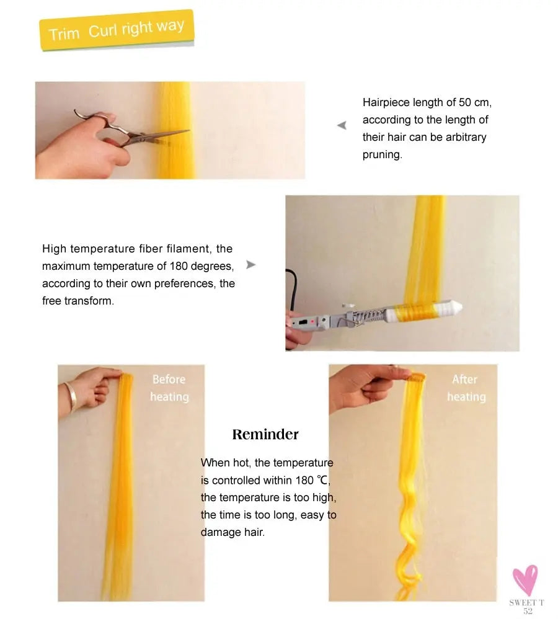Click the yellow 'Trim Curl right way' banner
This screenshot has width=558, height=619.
coord(117,30)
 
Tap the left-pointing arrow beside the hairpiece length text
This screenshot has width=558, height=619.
coord(342,125)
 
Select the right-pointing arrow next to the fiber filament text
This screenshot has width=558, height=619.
coord(250,265)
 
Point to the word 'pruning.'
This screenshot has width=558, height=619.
coord(382,154)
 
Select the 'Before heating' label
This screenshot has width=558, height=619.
coord(169,388)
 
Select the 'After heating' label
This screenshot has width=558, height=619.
coord(466,388)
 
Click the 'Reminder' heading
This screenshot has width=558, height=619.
coord(265,434)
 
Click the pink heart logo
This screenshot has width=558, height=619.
coord(525,580)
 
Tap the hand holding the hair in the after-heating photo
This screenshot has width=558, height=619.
coord(360,385)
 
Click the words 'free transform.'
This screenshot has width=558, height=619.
coord(77,301)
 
